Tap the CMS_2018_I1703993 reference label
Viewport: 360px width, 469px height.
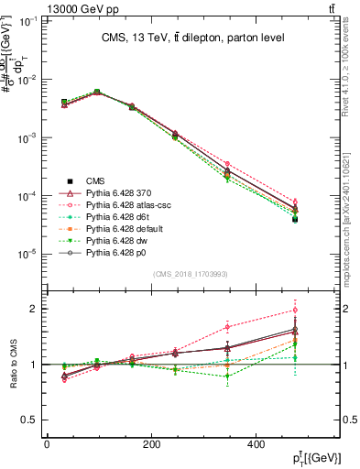pyautogui.click(x=191, y=272)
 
